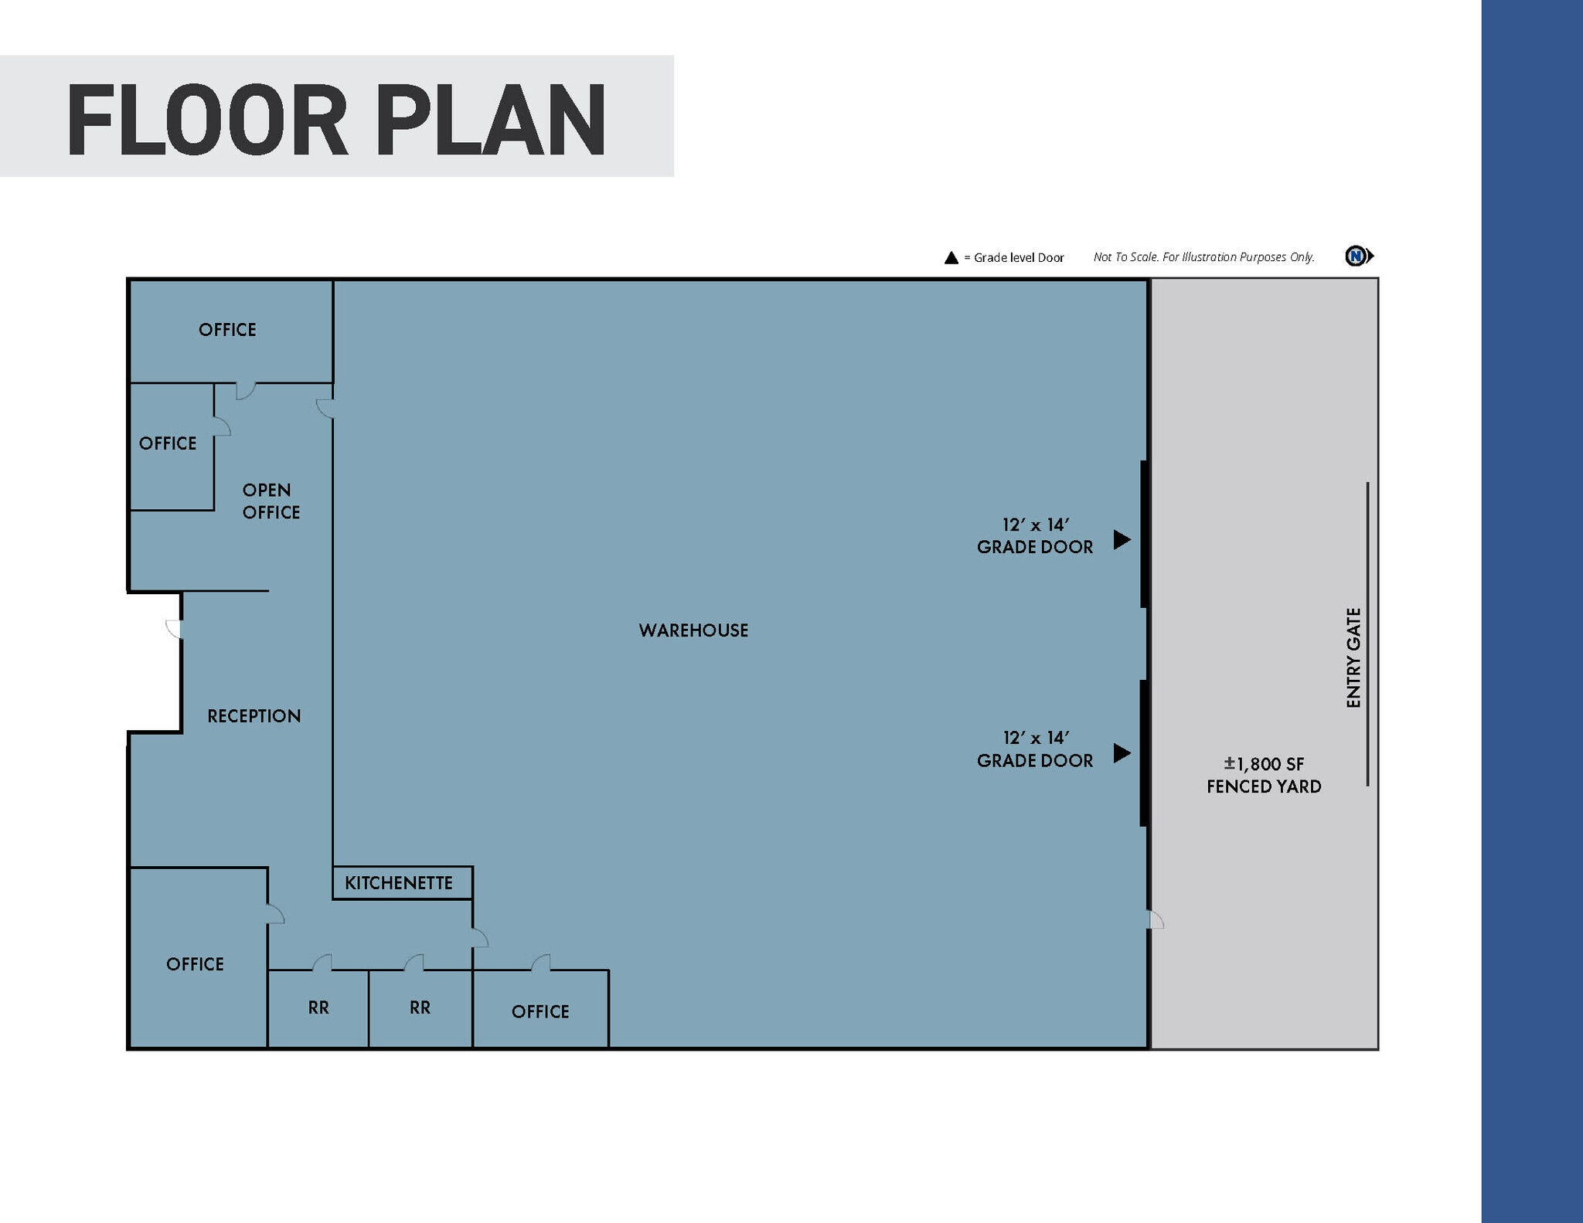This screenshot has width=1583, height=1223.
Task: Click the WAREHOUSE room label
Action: point(693,630)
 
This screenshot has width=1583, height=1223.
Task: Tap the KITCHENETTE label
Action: point(399,883)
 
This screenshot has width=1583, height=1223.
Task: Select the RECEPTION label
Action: point(254,716)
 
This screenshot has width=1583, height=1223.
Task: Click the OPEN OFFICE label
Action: point(270,501)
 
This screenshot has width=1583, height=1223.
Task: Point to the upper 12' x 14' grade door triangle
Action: point(1122,539)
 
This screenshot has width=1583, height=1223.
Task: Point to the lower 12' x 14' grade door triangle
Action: point(1122,752)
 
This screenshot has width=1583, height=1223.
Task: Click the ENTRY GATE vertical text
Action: point(1353,657)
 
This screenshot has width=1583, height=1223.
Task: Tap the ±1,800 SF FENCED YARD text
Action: point(1264,775)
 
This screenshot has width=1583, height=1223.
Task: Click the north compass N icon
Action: point(1356,256)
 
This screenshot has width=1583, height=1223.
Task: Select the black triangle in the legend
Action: point(952,258)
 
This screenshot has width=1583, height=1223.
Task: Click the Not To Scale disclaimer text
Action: point(1203,257)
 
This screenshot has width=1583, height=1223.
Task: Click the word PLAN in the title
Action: point(492,121)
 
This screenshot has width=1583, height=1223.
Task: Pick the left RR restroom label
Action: point(318,1007)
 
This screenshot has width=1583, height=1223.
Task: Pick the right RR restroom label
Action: point(420,1007)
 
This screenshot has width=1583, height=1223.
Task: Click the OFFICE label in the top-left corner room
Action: point(227,330)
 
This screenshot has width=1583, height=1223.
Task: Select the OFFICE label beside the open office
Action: point(168,443)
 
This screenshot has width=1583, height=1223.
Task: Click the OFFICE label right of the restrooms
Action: point(540,1011)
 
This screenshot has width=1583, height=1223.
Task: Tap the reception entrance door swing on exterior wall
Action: point(174,629)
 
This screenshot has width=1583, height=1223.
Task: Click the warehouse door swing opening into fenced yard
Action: point(1156,919)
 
